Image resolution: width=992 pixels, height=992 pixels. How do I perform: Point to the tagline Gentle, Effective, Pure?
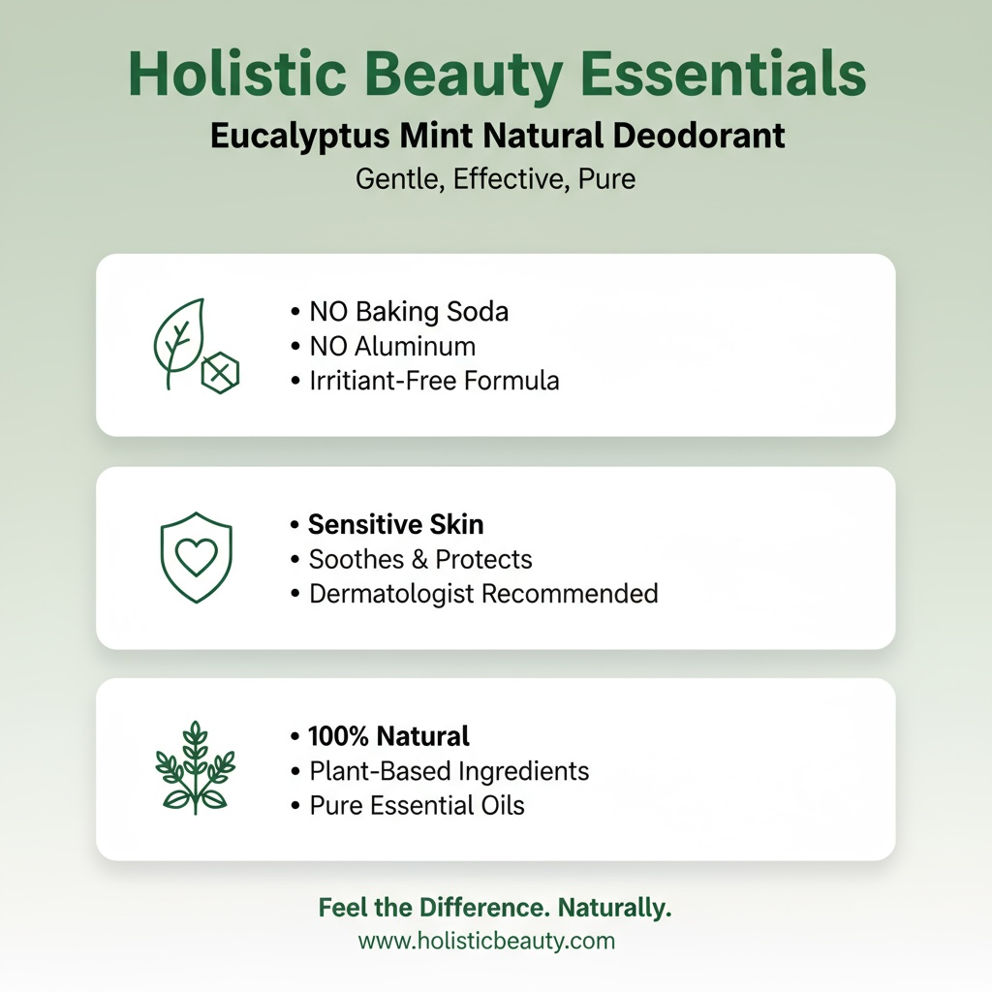point(495,179)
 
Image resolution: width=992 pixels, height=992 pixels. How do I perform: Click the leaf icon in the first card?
point(179,341)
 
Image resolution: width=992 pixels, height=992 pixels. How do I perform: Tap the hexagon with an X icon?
point(221,371)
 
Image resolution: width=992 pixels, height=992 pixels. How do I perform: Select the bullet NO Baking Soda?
point(408,312)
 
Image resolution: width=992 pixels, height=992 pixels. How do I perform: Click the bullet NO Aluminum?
point(391,346)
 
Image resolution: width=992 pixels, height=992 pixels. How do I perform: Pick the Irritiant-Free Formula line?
point(433,380)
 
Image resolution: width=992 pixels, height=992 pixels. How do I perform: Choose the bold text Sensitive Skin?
point(395,525)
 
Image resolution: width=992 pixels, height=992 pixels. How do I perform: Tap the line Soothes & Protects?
point(420,559)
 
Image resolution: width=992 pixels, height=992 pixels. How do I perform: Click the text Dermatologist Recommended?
point(482,593)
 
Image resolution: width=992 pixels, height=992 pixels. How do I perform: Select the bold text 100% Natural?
point(387,736)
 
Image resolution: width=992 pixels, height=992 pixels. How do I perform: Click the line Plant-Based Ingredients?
point(449,771)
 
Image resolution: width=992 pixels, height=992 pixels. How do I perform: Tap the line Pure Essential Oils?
point(417,805)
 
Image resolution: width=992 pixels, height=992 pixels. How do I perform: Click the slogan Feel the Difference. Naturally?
point(495,909)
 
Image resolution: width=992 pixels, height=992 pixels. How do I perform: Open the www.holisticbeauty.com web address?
point(486,940)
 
